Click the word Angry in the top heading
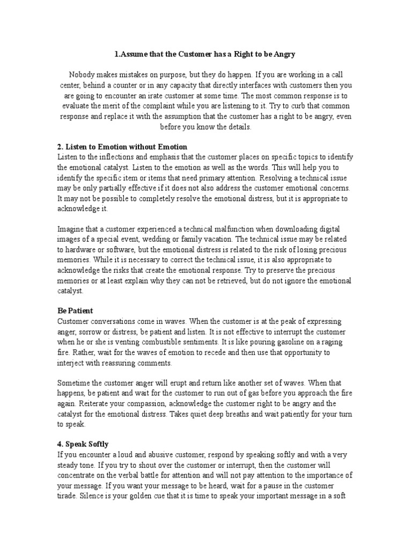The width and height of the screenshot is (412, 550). tap(283, 54)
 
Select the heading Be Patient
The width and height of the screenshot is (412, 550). tap(75, 311)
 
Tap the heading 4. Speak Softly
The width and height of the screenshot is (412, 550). tap(83, 444)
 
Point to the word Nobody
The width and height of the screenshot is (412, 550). tap(83, 75)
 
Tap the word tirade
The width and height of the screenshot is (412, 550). tap(68, 496)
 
